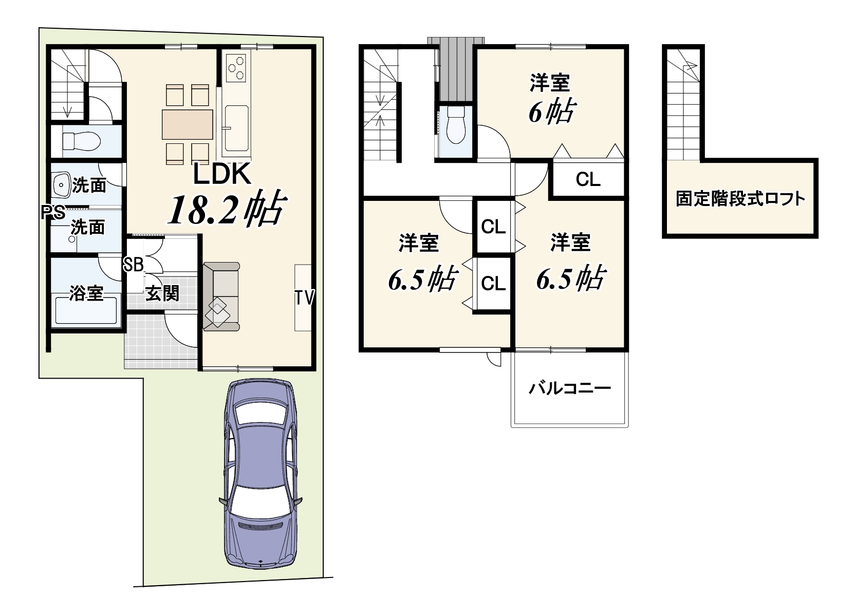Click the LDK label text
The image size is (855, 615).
coord(222,174)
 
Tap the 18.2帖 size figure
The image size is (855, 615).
coord(227,209)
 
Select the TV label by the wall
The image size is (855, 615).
coord(304,298)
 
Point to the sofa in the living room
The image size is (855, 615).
coord(221,296)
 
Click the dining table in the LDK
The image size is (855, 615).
coord(188,124)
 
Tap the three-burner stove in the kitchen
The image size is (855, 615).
coord(236,68)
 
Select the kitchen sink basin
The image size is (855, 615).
coord(237,128)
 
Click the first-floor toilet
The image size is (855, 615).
coord(81,142)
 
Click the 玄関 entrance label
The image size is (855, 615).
coord(162,293)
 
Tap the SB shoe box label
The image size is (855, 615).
coord(133,264)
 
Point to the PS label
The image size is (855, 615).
coord(53,213)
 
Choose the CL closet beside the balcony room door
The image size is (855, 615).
coord(588,179)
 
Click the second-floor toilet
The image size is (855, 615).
coord(456,124)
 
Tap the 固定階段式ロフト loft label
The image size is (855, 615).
coord(740,198)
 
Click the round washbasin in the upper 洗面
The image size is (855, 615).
coord(61,185)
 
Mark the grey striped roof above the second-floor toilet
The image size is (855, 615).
coord(456,69)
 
